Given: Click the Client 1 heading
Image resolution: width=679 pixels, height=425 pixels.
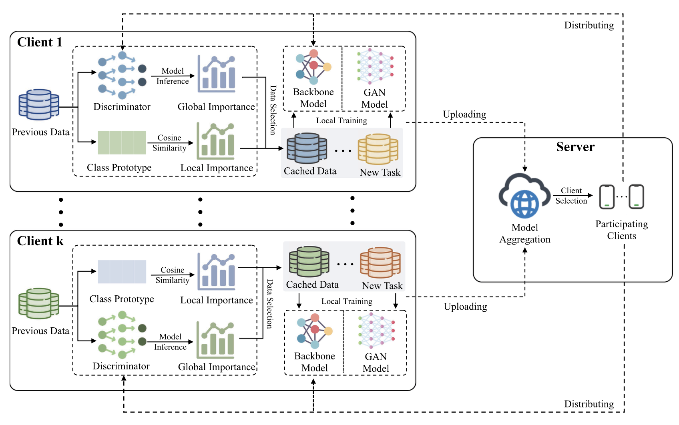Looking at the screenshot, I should point(40,42).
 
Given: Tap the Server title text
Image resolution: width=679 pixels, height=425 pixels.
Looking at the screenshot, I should point(575,147).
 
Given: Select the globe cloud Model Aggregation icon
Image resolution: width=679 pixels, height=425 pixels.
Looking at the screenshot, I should point(524,196).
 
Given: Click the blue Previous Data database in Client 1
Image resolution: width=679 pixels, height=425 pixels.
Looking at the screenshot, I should point(39,104).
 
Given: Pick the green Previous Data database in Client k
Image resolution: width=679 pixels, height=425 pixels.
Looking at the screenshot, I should point(39,303).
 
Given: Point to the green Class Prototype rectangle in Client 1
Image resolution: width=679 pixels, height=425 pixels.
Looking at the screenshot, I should point(122,142).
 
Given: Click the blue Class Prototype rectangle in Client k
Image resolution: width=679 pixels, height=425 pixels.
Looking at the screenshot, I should point(122,272).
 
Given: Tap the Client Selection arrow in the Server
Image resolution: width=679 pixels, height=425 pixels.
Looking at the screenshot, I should point(573,196).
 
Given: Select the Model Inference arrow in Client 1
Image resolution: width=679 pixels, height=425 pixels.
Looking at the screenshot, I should point(173,76).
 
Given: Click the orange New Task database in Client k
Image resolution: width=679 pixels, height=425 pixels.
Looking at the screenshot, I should point(380,263).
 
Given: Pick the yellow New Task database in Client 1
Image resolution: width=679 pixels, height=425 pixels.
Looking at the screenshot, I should point(378,149).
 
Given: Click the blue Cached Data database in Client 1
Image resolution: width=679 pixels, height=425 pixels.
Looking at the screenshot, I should point(307,148).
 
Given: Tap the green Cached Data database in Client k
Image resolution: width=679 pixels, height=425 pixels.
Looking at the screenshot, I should point(309,262).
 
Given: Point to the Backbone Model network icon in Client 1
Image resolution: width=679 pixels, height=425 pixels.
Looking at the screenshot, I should point(313,67).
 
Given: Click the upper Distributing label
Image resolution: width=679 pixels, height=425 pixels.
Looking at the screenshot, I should point(589,26).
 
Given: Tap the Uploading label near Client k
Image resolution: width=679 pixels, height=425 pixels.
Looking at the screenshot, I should point(465,307).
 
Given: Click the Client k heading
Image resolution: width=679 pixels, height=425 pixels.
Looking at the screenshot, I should point(40,241).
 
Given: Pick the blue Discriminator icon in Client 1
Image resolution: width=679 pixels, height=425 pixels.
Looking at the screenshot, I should point(122,75).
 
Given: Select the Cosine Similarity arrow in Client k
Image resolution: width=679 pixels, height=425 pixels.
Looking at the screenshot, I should point(173,275).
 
